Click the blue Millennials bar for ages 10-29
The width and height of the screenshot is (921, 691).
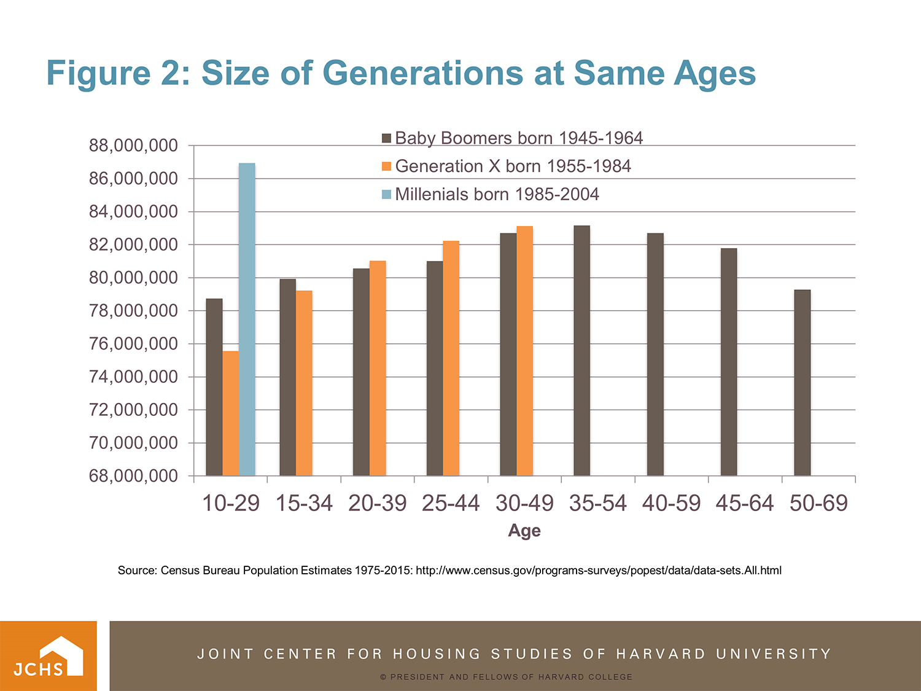click(247, 319)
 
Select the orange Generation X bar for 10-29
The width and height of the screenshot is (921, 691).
click(230, 413)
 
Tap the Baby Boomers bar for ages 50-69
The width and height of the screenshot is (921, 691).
click(802, 382)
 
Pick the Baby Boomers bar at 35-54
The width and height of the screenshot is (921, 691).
click(581, 350)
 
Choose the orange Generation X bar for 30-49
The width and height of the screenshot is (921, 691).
click(524, 350)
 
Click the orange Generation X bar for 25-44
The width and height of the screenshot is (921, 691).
click(451, 358)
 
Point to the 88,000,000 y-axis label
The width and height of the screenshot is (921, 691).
click(133, 146)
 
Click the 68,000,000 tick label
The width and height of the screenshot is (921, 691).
click(133, 476)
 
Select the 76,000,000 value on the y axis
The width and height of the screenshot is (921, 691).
click(133, 344)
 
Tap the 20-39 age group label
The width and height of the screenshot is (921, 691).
click(377, 503)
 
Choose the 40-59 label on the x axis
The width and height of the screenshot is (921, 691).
click(671, 503)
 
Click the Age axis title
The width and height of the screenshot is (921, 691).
click(524, 531)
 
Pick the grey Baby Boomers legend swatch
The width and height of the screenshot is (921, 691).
click(386, 138)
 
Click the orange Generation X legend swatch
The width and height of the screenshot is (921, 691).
click(386, 166)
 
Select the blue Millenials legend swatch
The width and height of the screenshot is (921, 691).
click(386, 195)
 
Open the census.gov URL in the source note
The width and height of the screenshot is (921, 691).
click(599, 571)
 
